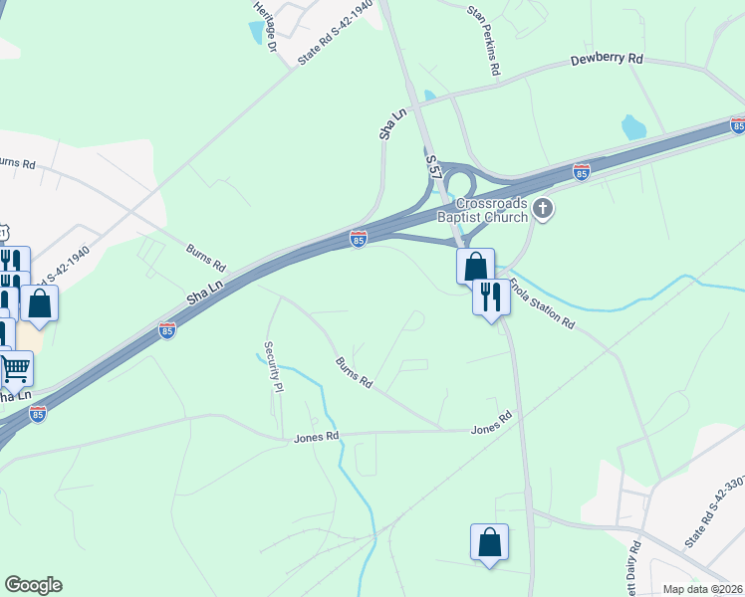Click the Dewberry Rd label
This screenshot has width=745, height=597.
[606, 60]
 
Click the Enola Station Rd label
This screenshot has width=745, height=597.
[543, 305]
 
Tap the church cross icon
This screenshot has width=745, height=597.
[543, 209]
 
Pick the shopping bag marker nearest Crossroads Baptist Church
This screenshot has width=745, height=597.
[475, 267]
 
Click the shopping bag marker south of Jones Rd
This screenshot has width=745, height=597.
[489, 542]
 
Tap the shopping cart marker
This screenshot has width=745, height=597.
[14, 369]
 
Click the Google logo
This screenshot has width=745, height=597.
[33, 585]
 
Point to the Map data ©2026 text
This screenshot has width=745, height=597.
[702, 589]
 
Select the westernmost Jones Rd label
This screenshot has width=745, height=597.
[317, 437]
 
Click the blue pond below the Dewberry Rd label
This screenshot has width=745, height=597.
[633, 127]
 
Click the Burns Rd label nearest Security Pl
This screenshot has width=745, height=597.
[354, 372]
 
